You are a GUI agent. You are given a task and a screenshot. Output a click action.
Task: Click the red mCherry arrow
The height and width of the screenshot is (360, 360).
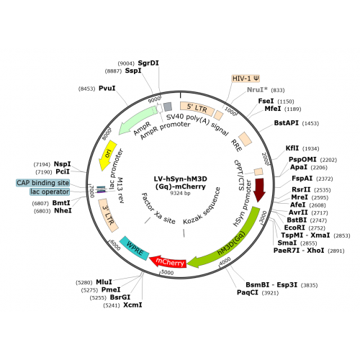tap(168, 261)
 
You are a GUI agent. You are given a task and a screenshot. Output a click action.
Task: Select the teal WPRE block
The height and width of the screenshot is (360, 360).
tap(135, 248)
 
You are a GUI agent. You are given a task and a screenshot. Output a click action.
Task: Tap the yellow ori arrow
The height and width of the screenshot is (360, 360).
tap(107, 155)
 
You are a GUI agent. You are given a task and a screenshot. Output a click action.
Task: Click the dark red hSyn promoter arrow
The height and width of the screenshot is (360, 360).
tap(260, 189)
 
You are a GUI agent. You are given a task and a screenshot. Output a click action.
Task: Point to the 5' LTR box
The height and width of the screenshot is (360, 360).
tap(197, 108)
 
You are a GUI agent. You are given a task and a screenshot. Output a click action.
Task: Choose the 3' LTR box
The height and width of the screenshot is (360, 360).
tap(108, 215)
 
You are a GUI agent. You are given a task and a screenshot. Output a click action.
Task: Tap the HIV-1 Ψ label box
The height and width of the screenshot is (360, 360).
tap(246, 78)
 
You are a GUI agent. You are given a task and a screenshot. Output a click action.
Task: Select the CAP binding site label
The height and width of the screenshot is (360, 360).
tap(43, 183)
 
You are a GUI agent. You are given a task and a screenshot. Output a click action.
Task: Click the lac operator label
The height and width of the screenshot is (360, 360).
tap(50, 192)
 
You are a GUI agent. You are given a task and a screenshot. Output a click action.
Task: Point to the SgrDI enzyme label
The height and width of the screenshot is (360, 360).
tap(148, 63)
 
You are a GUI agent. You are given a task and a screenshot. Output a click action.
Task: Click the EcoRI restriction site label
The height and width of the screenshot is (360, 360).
tap(294, 228)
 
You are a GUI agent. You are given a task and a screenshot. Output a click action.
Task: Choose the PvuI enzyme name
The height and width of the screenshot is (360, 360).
tap(107, 89)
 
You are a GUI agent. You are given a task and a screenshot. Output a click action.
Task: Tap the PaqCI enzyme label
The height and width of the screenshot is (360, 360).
tap(248, 292)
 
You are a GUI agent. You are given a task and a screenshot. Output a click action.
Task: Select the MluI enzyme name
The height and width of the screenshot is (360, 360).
tap(104, 282)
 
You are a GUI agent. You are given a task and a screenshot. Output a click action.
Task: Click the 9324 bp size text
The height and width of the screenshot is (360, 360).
tap(180, 193)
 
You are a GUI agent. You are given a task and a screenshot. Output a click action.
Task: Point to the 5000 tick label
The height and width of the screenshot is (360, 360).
tap(167, 272)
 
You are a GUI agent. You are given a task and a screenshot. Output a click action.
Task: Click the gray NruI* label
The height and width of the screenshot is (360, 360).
tap(257, 90)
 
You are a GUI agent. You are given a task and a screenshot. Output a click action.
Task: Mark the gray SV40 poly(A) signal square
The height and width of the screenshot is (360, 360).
tap(168, 107)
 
